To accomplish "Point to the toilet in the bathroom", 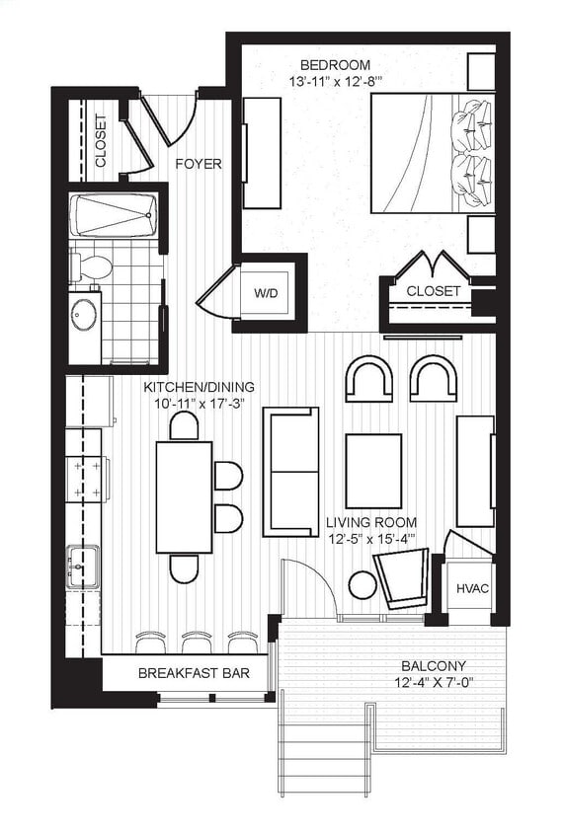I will coord(92,265).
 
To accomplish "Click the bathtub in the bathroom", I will coord(114,214).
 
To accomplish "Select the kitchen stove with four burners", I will coord(85,480).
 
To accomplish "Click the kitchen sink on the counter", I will coord(83,568).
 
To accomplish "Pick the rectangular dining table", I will coord(184,496).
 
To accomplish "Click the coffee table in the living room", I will coord(372,471).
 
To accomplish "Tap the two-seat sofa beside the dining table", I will coord(289,472).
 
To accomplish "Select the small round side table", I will coord(363,584).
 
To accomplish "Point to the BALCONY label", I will coord(434,666).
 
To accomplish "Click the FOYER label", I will coord(198,164).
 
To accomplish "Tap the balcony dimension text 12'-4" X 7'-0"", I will coord(434,684).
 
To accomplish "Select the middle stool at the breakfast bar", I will coord(197,643).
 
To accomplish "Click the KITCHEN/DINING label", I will coord(199,387).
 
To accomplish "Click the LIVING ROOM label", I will coord(371,522).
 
